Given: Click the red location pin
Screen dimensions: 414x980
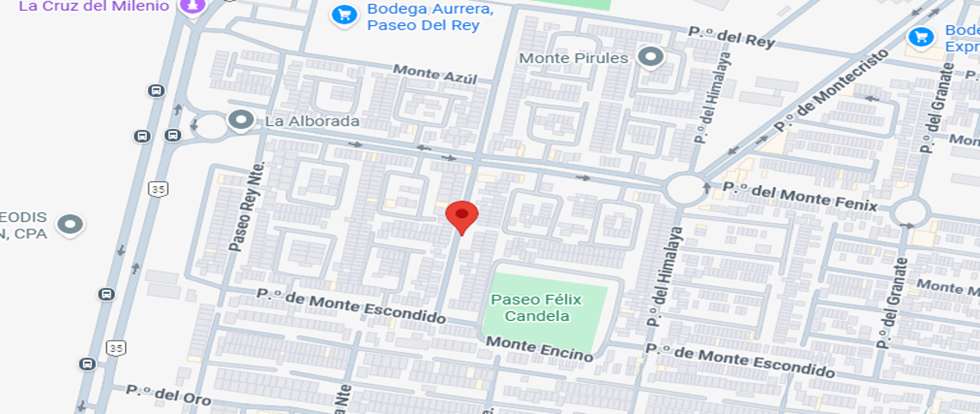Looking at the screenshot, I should click(x=461, y=216).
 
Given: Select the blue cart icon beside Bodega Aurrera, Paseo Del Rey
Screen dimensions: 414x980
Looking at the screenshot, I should click(x=344, y=14).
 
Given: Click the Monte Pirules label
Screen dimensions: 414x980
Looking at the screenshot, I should click(x=573, y=58).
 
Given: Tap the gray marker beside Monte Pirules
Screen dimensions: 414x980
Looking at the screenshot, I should click(x=650, y=57).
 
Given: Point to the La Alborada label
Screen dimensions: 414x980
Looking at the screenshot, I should click(x=312, y=122).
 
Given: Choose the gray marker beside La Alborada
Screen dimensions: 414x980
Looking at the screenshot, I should click(x=241, y=121).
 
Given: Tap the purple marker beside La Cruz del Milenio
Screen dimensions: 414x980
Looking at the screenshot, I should click(x=193, y=5).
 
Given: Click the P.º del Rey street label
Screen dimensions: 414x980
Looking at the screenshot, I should click(x=731, y=37).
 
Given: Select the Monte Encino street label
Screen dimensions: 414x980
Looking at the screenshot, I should click(x=540, y=349).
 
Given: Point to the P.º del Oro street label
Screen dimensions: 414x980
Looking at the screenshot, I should click(x=169, y=394).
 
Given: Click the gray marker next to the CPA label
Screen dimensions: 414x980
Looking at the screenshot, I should click(x=70, y=223).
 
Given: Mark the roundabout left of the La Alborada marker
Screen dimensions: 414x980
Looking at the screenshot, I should click(x=211, y=127).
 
